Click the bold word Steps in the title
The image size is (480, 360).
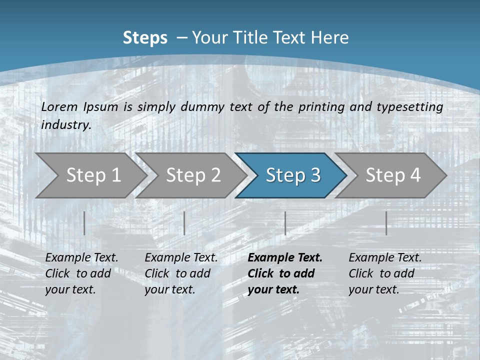145,38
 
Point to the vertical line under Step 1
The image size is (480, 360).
84,223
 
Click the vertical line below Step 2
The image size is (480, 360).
184,223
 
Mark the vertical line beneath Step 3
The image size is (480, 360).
285,223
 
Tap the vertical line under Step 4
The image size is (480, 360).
386,223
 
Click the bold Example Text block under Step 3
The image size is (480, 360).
285,273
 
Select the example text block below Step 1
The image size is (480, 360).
81,273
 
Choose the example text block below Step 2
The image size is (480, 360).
181,273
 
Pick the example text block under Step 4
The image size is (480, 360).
385,273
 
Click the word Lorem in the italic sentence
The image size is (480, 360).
59,107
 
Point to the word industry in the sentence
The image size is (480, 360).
65,125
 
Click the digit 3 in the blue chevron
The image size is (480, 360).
315,175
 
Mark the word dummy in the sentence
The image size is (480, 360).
202,107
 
